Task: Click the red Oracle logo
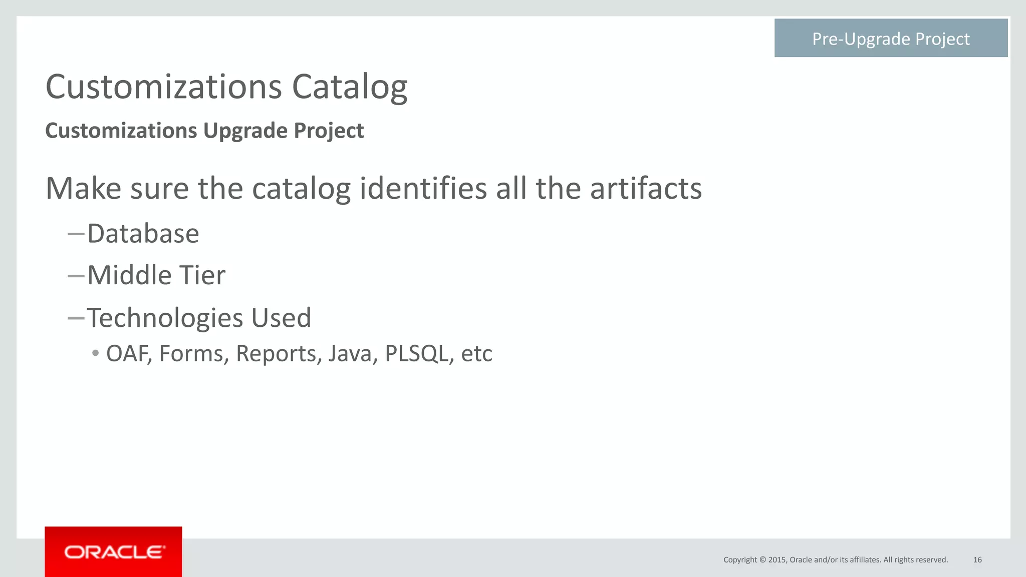113,551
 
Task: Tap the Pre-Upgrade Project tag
891,39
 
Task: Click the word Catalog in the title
349,88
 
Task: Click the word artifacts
646,189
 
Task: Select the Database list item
143,234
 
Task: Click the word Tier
202,275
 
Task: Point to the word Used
281,318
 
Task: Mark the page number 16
977,559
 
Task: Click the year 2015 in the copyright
777,559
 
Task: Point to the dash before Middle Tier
76,276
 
